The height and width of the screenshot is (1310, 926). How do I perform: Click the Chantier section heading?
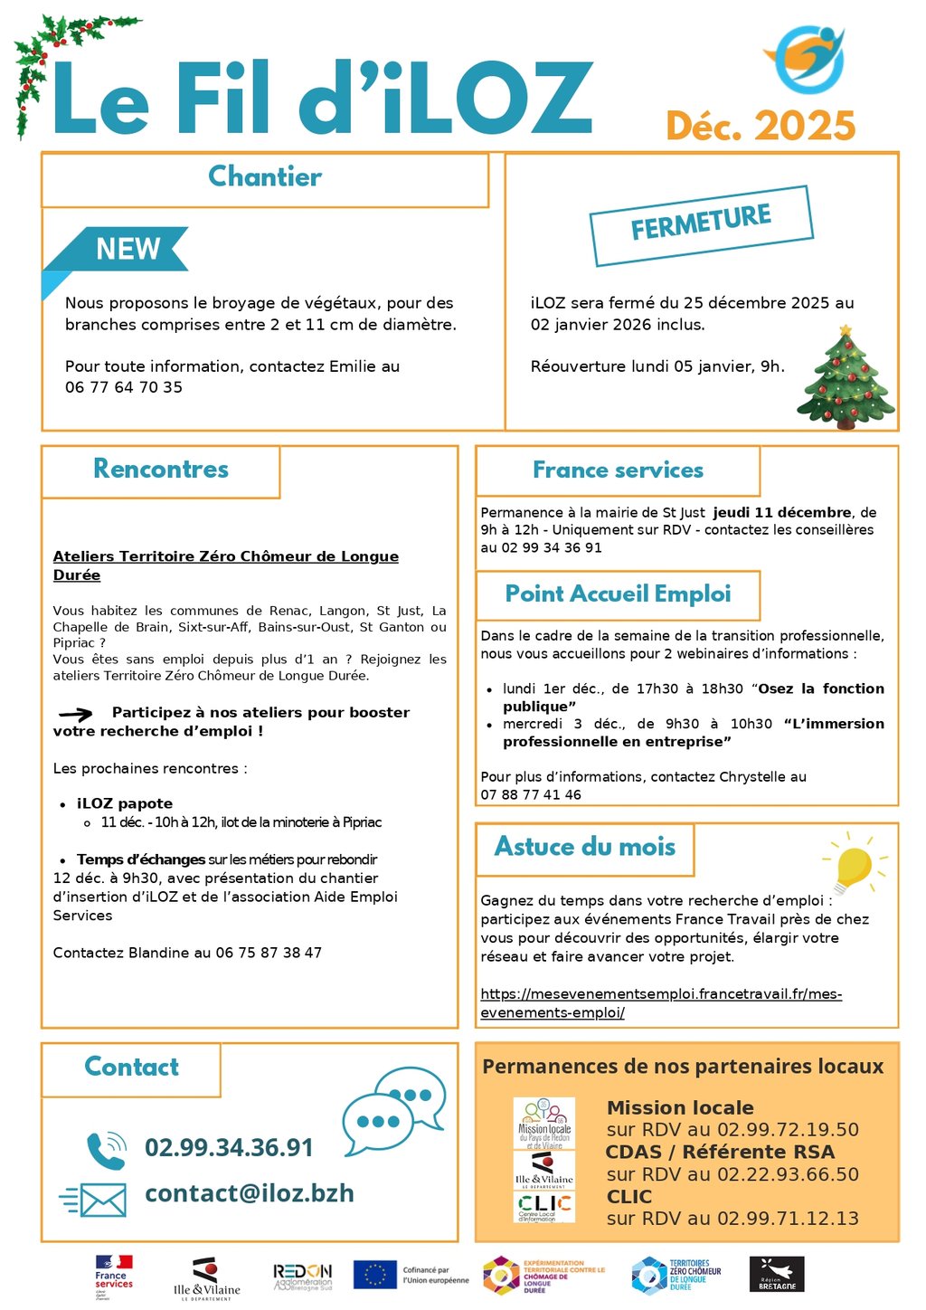pyautogui.click(x=264, y=176)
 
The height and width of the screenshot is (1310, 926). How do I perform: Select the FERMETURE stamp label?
pyautogui.click(x=701, y=223)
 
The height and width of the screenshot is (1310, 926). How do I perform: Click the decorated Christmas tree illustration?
pyautogui.click(x=845, y=379)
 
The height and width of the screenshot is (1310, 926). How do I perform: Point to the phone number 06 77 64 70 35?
pyautogui.click(x=124, y=387)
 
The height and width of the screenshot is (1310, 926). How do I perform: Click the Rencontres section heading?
pyautogui.click(x=161, y=469)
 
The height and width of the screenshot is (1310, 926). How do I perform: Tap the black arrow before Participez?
pyautogui.click(x=76, y=714)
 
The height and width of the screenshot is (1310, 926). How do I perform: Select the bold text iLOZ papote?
pyautogui.click(x=125, y=803)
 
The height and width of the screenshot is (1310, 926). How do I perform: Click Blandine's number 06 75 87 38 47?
pyautogui.click(x=269, y=953)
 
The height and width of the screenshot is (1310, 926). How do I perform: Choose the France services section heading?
pyautogui.click(x=618, y=470)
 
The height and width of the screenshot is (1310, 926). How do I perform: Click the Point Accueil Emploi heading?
pyautogui.click(x=618, y=594)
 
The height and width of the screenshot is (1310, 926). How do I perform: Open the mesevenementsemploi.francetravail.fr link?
pyautogui.click(x=661, y=1003)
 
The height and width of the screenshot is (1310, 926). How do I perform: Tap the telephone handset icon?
pyautogui.click(x=106, y=1150)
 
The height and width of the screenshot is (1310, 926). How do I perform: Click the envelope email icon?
pyautogui.click(x=94, y=1200)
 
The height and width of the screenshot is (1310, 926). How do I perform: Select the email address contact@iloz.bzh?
pyautogui.click(x=250, y=1194)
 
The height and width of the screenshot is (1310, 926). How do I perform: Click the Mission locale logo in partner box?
pyautogui.click(x=543, y=1123)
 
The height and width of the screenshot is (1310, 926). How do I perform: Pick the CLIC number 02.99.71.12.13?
pyautogui.click(x=788, y=1219)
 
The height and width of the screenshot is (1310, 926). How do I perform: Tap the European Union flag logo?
pyautogui.click(x=374, y=1274)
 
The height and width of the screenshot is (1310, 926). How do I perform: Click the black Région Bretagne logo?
pyautogui.click(x=777, y=1275)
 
